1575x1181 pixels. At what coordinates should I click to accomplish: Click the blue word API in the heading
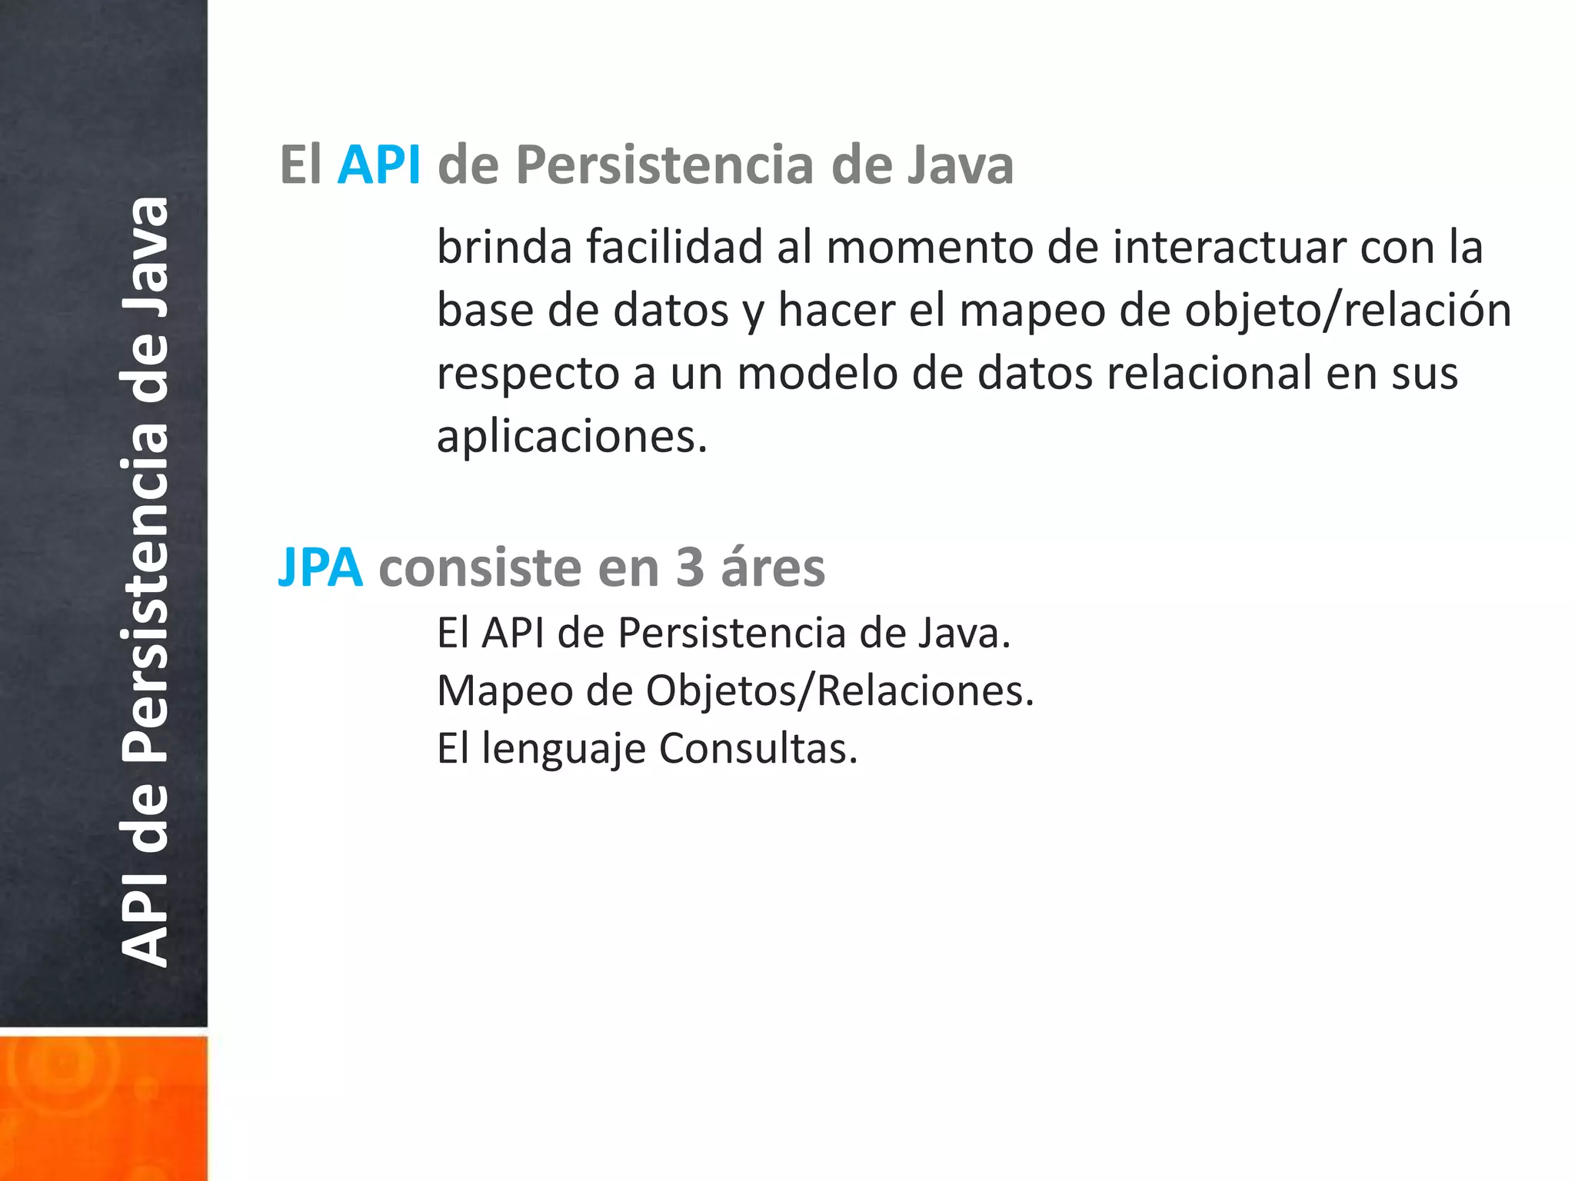pyautogui.click(x=379, y=165)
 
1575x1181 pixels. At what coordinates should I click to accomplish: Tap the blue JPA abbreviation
pyautogui.click(x=320, y=567)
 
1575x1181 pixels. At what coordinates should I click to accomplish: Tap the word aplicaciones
pyautogui.click(x=571, y=437)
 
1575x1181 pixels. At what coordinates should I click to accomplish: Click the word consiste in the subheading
pyautogui.click(x=481, y=567)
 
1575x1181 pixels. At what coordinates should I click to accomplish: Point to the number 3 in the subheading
pyautogui.click(x=690, y=567)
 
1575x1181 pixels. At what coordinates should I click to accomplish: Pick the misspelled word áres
pyautogui.click(x=772, y=567)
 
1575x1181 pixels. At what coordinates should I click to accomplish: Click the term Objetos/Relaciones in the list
pyautogui.click(x=840, y=690)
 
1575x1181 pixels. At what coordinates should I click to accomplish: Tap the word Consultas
pyautogui.click(x=758, y=748)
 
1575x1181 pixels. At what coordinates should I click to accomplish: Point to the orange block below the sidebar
pyautogui.click(x=103, y=1107)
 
